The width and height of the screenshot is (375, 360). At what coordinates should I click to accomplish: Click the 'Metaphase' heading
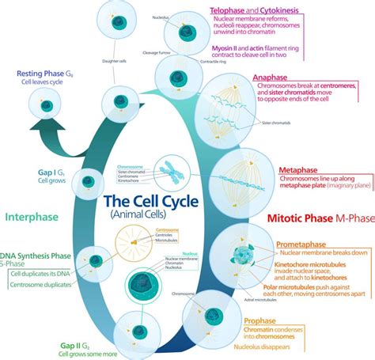(x=299, y=170)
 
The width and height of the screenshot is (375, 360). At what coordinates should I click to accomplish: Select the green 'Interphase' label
(x=32, y=214)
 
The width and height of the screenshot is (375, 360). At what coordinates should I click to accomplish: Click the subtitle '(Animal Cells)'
(x=152, y=215)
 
